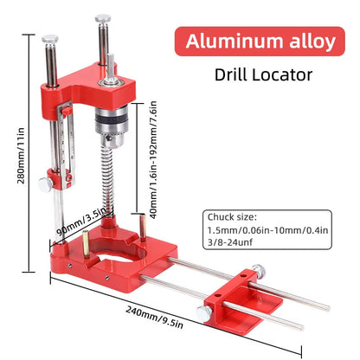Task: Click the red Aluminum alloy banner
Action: [x=260, y=42]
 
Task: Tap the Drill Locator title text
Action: [x=263, y=74]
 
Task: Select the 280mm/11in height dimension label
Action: [x=21, y=156]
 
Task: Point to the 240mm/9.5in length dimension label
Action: [x=154, y=317]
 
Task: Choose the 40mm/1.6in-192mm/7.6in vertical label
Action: [x=153, y=159]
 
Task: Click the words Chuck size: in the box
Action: [x=232, y=217]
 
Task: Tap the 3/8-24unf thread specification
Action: [x=230, y=242]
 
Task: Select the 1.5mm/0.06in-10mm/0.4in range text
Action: [x=267, y=230]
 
